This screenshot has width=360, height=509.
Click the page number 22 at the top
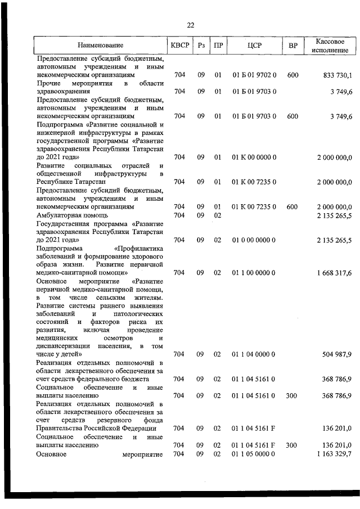[190, 25]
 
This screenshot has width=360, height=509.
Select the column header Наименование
[100, 46]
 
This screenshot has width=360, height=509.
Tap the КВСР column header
[179, 46]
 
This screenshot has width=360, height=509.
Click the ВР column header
[292, 46]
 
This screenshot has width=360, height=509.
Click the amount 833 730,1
[334, 75]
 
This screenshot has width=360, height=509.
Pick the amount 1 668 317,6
[334, 273]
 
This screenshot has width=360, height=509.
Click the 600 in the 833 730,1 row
[292, 75]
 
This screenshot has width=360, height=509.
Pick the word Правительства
[61, 429]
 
